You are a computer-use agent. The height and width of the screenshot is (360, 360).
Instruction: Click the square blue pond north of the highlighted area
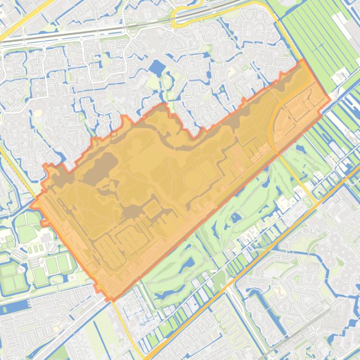[x=157, y=68]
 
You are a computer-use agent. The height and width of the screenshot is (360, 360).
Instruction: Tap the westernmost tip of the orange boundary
[x=31, y=205]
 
